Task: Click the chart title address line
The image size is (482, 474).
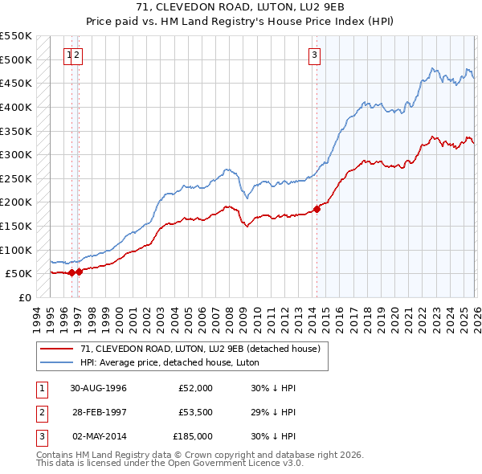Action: coord(240,8)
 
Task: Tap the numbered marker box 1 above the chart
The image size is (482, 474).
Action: coord(69,55)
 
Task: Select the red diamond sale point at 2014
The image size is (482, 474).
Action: coord(317,209)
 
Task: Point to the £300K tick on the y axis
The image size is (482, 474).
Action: coord(16,154)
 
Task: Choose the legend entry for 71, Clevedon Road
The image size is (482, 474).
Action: coord(200,349)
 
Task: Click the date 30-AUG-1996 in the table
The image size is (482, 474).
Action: coord(98,388)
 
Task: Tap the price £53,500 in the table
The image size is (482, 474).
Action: coord(195,412)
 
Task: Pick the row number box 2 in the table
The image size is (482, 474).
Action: coord(40,412)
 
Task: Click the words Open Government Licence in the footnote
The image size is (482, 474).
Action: coord(228,464)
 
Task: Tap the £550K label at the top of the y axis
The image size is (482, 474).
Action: coord(16,37)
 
